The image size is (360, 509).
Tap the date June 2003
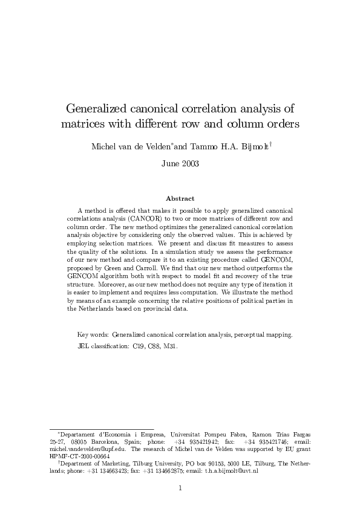180,163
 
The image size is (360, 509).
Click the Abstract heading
180,198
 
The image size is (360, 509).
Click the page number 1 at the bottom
180,487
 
